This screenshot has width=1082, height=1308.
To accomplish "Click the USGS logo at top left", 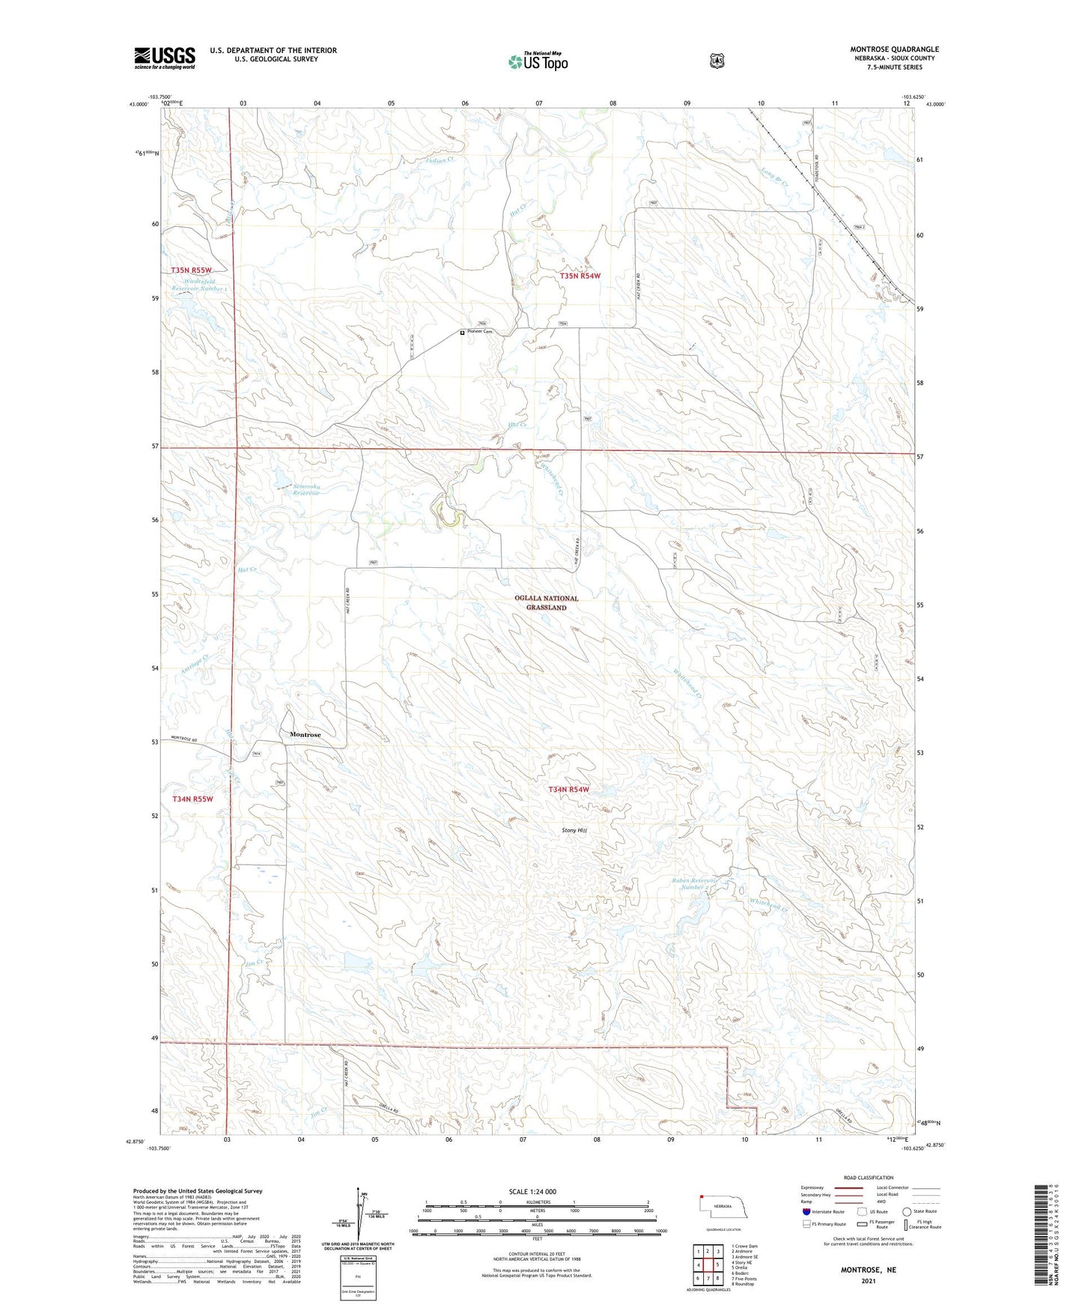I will (165, 58).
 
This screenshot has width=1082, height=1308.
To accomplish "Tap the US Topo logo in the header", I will (538, 61).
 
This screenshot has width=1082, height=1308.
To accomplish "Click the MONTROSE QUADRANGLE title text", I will (894, 49).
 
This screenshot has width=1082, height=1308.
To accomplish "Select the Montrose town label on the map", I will (306, 734).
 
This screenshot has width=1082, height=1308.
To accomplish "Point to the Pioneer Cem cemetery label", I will (479, 332).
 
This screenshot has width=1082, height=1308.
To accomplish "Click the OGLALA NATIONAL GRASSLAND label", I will (546, 603).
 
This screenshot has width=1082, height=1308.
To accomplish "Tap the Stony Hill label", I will (574, 830).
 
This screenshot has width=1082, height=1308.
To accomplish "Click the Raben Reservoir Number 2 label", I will (694, 884).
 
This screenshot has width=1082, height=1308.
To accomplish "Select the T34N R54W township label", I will (568, 790).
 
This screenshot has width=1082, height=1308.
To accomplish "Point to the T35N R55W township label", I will (191, 270).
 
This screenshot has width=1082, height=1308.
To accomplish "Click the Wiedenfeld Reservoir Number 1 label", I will (199, 285).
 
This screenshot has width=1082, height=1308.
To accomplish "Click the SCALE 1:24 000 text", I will (532, 1191).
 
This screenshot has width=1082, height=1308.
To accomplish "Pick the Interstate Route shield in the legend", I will (806, 1211).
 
